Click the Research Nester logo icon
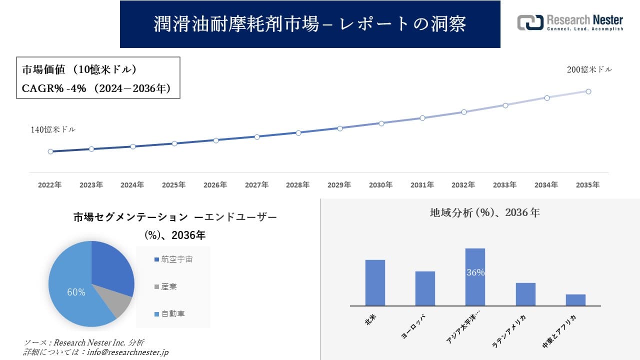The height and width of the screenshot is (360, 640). click(x=530, y=22)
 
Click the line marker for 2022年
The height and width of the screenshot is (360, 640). click(x=50, y=151)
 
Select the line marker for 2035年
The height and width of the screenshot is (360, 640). click(x=588, y=91)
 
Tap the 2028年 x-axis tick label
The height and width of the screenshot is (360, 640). click(x=298, y=185)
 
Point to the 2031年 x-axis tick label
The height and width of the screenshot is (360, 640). click(x=422, y=185)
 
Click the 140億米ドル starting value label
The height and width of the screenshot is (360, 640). click(x=53, y=129)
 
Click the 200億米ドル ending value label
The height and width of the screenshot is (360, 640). click(x=589, y=70)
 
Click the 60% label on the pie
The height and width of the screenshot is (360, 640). click(x=76, y=292)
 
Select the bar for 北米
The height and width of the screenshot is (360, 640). click(x=375, y=282)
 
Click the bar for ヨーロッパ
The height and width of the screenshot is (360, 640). click(x=425, y=288)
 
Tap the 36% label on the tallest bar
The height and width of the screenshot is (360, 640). click(x=475, y=273)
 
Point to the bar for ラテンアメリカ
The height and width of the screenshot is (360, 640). click(x=525, y=294)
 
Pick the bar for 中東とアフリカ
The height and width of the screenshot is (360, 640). click(x=575, y=300)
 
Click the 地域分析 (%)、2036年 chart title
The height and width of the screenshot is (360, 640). click(x=484, y=212)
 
